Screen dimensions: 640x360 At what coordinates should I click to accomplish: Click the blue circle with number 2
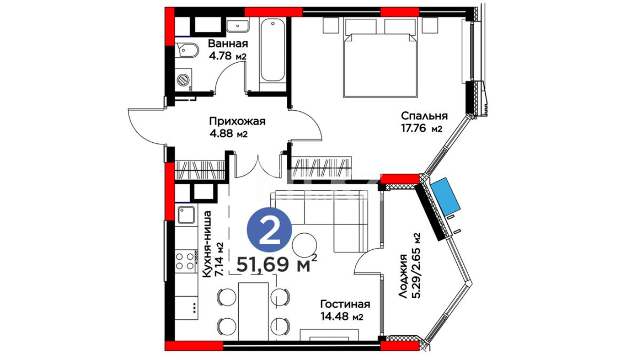pyautogui.click(x=269, y=230)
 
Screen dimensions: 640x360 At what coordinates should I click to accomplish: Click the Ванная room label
pyautogui.click(x=228, y=44)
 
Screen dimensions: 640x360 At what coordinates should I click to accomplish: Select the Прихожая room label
pyautogui.click(x=237, y=121)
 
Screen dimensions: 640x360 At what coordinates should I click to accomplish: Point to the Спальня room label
pyautogui.click(x=424, y=116)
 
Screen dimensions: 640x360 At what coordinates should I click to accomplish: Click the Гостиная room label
pyautogui.click(x=345, y=304)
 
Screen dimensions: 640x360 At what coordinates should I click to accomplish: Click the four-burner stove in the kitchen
pyautogui.click(x=185, y=261)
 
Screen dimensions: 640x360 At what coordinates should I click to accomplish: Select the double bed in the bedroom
pyautogui.click(x=381, y=58)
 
